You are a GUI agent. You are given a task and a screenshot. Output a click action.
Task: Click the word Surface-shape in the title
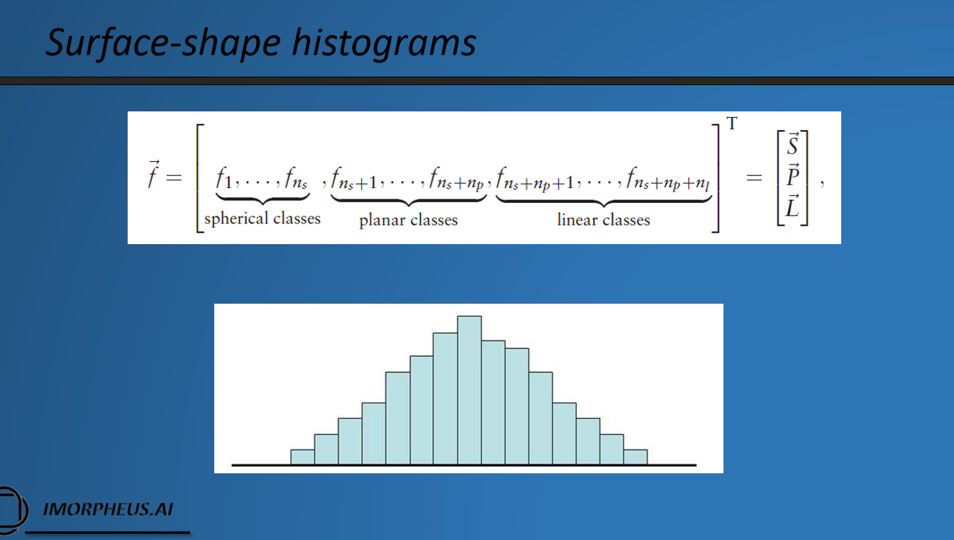161,43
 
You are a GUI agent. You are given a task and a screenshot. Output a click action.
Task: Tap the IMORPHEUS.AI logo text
108,509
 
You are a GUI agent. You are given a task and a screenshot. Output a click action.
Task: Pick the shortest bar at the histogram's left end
303,457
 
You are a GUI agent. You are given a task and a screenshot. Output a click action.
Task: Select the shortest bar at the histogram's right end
636,457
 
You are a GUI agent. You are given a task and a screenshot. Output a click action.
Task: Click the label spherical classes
262,219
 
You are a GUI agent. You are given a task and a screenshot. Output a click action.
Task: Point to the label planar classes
409,220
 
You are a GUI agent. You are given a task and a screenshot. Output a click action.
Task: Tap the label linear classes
604,220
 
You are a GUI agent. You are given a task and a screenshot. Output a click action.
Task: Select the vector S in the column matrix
793,145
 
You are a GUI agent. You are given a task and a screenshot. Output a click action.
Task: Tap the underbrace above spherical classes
262,201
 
